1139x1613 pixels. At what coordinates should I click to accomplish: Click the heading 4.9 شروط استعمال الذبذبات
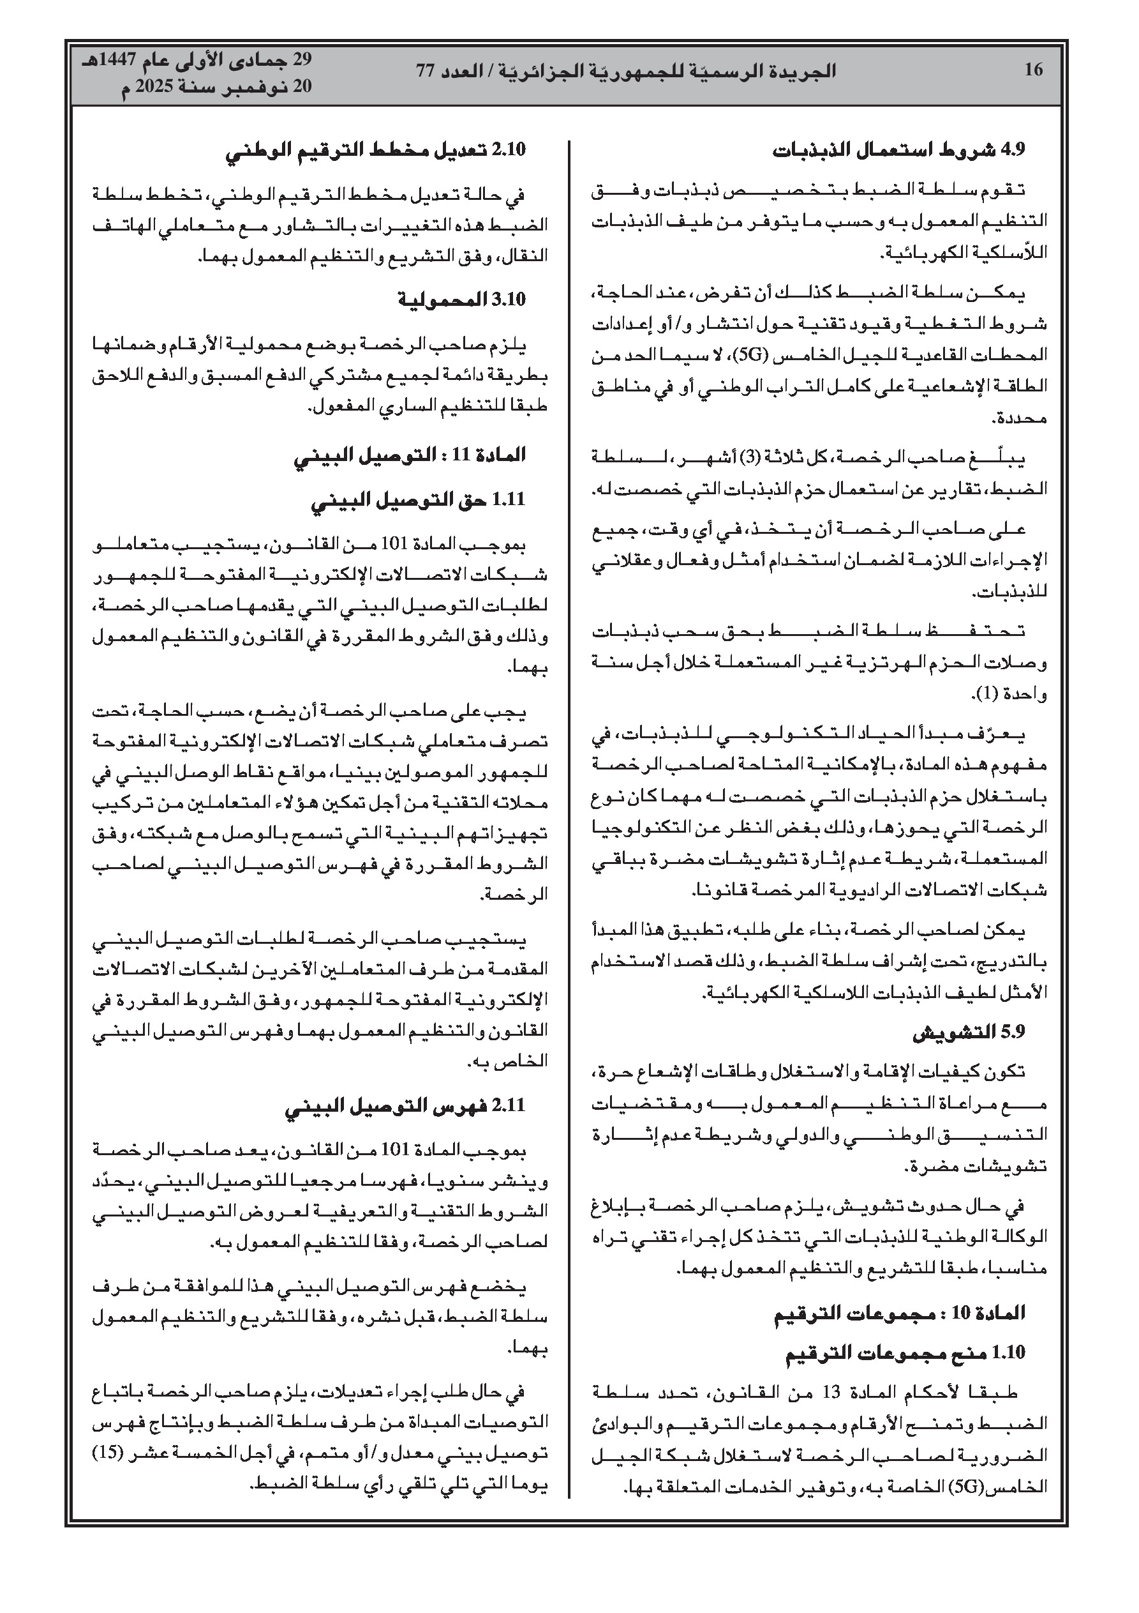900,150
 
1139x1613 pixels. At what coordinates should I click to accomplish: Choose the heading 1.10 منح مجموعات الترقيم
905,1352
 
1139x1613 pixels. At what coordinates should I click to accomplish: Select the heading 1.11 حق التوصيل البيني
418,499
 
